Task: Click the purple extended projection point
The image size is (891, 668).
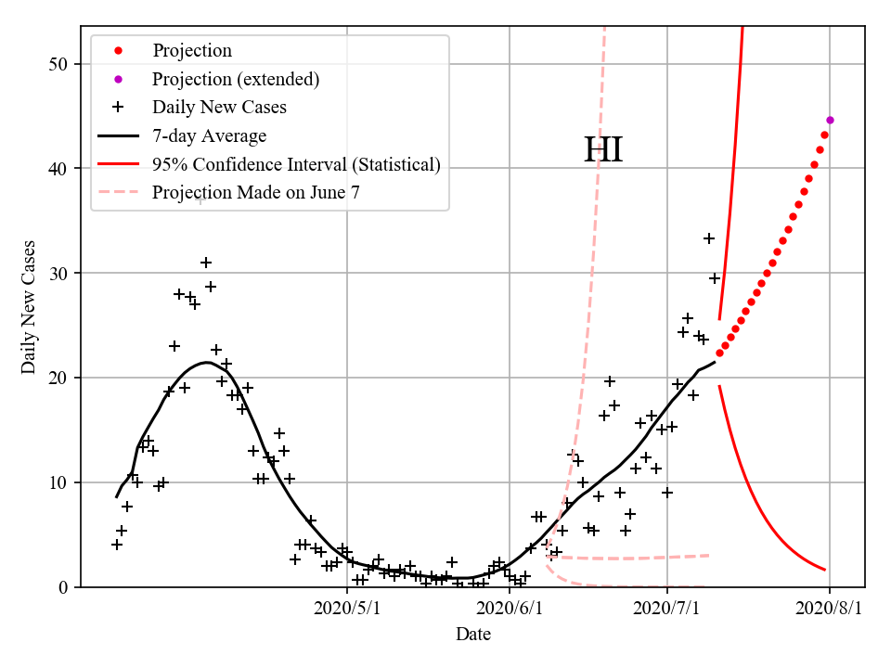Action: click(830, 120)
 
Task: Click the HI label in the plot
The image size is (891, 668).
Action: click(602, 150)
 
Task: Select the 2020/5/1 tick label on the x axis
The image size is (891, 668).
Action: click(347, 609)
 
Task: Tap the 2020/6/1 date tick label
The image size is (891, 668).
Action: click(510, 609)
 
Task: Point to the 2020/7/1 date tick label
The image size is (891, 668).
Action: click(667, 609)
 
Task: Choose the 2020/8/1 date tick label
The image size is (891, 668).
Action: click(830, 609)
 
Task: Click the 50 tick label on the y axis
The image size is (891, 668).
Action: click(62, 64)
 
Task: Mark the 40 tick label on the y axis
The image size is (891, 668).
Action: click(62, 169)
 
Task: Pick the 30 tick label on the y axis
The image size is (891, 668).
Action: click(62, 274)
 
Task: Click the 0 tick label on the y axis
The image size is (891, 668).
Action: click(67, 587)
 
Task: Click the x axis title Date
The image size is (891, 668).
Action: click(472, 635)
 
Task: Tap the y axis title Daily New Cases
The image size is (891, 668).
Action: click(29, 307)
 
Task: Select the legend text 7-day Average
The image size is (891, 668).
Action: click(209, 136)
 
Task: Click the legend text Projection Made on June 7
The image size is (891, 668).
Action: click(255, 193)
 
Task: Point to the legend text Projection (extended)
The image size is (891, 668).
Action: click(236, 79)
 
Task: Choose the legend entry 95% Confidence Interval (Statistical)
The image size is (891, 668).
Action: click(296, 165)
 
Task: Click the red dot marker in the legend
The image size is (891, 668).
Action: click(118, 50)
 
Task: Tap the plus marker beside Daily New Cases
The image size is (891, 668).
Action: click(118, 108)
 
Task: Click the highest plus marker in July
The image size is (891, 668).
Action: click(709, 238)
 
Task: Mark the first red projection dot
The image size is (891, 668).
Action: click(719, 353)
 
